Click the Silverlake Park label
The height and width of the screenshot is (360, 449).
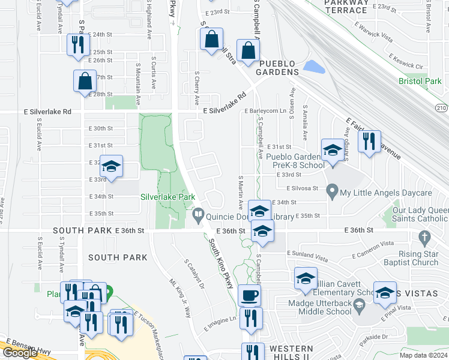(167, 196)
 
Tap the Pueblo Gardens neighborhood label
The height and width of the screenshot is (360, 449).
(277, 68)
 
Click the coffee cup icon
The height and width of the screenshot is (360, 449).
(249, 295)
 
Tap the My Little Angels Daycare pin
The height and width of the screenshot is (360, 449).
(332, 193)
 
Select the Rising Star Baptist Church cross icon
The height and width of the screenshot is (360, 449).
(425, 238)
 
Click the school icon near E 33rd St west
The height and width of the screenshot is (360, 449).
(111, 166)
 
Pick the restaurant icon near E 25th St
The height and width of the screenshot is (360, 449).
(78, 44)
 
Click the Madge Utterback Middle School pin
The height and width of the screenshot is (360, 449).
(359, 306)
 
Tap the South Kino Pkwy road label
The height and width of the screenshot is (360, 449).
(221, 264)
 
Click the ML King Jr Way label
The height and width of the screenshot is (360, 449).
(180, 298)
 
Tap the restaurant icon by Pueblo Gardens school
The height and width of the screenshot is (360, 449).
(369, 141)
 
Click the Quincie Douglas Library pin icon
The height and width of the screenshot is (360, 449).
(197, 214)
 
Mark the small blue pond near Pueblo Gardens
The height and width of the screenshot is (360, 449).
(313, 67)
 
